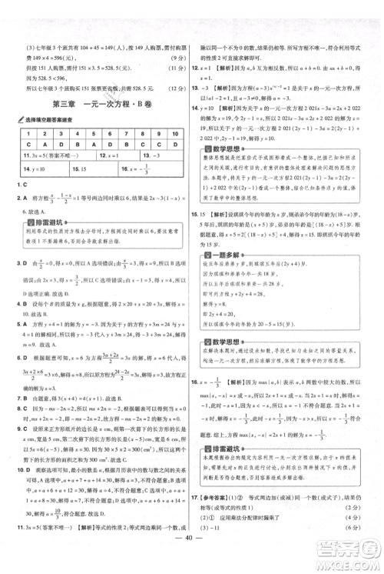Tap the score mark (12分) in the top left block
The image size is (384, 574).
click(170, 87)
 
